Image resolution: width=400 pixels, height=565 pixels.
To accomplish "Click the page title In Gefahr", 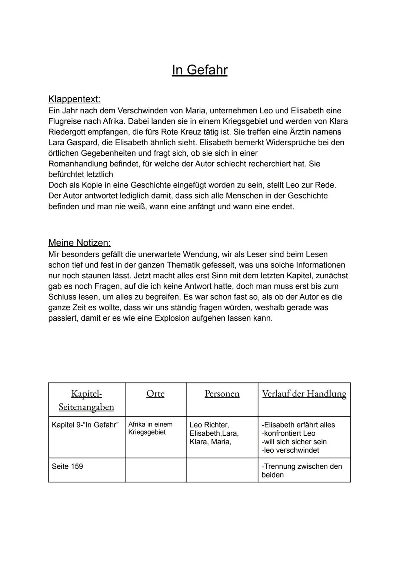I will [199, 70].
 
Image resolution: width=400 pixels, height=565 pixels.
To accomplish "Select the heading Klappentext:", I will [74, 99].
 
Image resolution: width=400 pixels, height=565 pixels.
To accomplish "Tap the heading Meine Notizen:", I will [79, 243].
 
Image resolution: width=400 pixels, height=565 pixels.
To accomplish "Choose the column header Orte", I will [155, 394].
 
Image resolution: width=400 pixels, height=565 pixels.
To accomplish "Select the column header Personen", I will [222, 394].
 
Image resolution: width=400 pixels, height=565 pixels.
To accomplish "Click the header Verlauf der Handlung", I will [304, 394].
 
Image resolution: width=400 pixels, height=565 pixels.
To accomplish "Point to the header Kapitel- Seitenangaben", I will [86, 400].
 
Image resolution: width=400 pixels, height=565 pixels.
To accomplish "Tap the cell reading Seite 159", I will [67, 466].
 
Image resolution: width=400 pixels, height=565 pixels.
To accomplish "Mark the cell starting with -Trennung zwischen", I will [301, 471].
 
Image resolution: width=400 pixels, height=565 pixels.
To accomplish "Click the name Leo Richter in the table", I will [209, 425].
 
